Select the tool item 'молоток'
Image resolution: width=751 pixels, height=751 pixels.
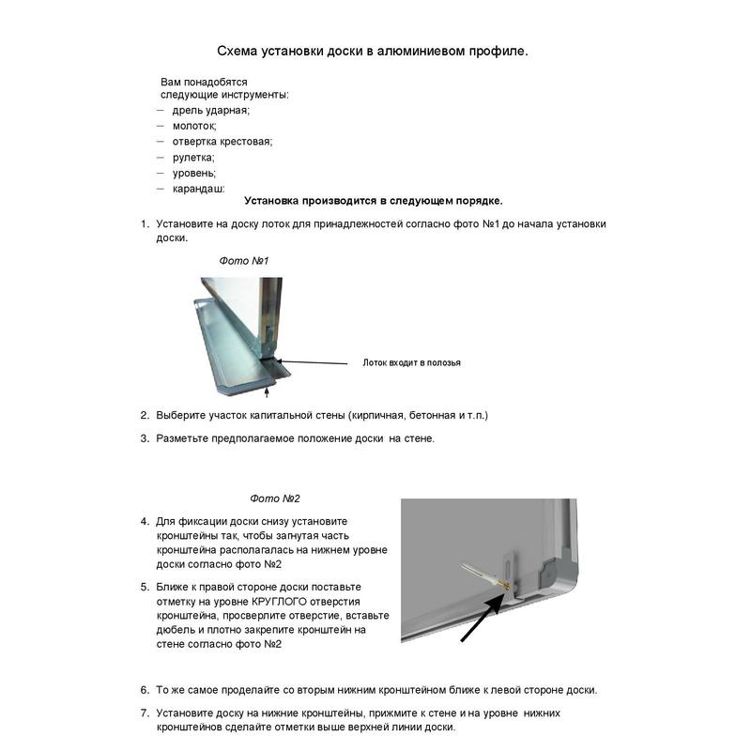(194, 125)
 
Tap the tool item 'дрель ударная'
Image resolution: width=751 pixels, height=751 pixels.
(211, 110)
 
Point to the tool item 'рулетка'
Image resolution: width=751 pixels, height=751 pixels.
(193, 157)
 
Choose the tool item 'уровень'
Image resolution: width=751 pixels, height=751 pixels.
(194, 173)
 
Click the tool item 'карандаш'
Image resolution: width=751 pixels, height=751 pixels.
(198, 189)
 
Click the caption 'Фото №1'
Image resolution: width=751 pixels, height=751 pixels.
(244, 260)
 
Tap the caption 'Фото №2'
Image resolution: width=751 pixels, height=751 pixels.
(275, 498)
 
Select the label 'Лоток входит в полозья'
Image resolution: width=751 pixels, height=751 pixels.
(411, 362)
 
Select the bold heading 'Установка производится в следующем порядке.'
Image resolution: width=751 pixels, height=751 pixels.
(373, 200)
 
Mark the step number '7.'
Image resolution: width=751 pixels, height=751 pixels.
(146, 713)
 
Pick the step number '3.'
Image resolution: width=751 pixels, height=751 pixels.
(146, 437)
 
